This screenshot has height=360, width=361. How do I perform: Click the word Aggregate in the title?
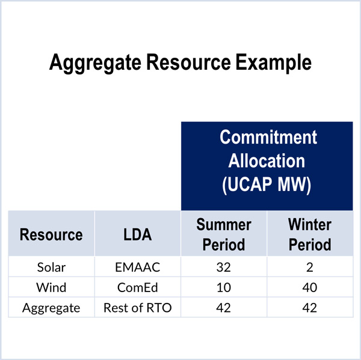95,63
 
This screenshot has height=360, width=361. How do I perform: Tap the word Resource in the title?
188,62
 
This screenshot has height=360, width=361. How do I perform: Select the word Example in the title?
274,63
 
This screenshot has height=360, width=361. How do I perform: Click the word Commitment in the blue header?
268,137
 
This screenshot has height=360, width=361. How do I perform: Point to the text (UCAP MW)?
267,185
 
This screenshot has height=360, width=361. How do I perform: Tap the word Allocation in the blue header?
267,160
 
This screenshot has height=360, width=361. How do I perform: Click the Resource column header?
51,234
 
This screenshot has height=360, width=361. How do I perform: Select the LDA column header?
137,234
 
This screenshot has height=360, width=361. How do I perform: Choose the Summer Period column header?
224,234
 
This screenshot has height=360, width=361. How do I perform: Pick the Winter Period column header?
310,234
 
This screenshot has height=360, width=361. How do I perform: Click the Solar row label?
51,267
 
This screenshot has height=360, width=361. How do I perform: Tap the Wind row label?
51,287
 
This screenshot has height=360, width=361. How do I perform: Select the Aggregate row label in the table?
51,308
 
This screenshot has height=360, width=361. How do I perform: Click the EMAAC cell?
137,267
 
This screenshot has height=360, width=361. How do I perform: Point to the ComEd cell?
137,287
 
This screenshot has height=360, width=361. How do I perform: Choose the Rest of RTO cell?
137,308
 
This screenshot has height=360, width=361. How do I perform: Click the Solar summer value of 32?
224,267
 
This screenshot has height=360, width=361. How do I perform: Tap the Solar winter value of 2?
310,267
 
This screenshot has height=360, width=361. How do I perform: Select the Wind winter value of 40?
310,287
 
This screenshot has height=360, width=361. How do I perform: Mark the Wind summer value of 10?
224,287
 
